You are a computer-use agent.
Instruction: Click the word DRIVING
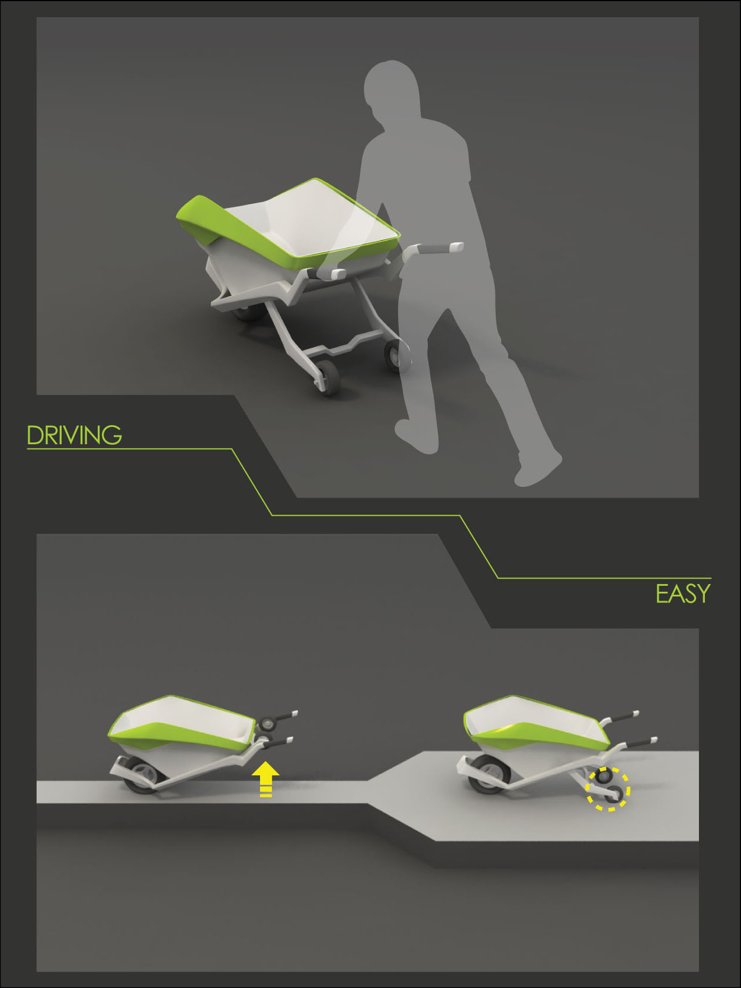(74, 435)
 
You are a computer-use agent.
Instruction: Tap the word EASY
(683, 594)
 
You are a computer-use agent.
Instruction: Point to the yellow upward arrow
(265, 779)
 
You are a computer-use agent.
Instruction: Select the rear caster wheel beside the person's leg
(394, 355)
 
